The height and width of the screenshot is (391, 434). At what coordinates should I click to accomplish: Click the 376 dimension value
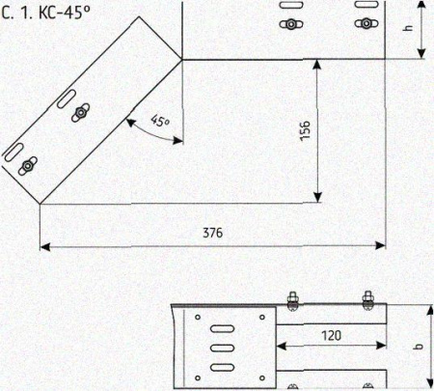[212, 233]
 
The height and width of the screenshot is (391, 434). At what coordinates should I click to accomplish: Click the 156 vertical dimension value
[305, 130]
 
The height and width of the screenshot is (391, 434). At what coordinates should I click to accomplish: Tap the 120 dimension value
[331, 336]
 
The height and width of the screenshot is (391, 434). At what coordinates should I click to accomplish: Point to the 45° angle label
[160, 121]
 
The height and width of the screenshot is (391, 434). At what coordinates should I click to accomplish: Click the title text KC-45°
[65, 13]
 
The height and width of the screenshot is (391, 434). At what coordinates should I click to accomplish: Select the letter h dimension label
[408, 27]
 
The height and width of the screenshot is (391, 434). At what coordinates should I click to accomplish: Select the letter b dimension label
[419, 347]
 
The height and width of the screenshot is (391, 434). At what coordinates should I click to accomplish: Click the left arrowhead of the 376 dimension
[44, 247]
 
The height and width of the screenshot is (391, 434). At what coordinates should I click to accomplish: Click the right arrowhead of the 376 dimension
[380, 246]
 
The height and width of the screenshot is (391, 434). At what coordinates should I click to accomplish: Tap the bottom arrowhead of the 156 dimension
[317, 197]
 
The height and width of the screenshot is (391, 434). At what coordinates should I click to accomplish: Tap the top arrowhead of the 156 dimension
[317, 65]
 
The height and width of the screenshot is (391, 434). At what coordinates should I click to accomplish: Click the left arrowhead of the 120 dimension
[282, 347]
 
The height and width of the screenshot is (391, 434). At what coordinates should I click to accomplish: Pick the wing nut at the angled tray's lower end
[27, 166]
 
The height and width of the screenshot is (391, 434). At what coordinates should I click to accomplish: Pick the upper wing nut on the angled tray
[80, 113]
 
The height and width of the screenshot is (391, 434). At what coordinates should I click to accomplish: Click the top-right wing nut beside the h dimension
[366, 23]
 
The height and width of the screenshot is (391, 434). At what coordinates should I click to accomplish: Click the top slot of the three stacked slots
[222, 328]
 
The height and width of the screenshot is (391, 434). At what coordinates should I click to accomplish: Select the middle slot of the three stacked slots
[222, 348]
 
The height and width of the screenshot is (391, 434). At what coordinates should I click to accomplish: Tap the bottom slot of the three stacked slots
[222, 367]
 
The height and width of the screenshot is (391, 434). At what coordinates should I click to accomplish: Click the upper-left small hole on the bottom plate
[198, 318]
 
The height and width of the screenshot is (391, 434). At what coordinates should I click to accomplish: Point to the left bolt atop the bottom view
[292, 300]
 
